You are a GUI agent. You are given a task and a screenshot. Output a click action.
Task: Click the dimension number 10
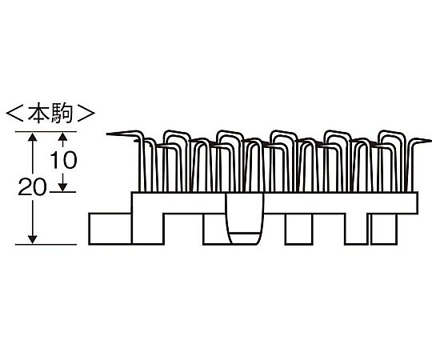(x=64, y=160)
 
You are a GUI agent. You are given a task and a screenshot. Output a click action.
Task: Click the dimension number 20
(x=33, y=187)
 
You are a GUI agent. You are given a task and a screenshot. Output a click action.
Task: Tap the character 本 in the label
(x=38, y=113)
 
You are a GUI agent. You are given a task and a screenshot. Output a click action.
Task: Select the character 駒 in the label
(x=62, y=113)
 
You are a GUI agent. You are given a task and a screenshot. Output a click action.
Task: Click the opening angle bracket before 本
(x=14, y=113)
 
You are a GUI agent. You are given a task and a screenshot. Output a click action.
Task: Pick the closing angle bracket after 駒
(x=86, y=113)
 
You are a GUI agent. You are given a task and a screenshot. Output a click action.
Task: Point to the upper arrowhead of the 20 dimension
(x=33, y=137)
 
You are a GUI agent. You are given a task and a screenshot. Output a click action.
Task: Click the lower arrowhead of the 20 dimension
(x=33, y=240)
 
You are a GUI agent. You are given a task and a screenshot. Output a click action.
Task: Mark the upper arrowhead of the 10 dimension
(x=63, y=137)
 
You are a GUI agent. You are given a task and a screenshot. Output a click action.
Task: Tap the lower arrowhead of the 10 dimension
(x=63, y=187)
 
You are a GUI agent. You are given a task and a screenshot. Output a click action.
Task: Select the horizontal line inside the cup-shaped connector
(x=244, y=233)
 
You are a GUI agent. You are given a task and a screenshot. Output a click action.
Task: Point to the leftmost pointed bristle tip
(x=107, y=134)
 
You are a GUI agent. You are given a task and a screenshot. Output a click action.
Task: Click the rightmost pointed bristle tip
(x=430, y=141)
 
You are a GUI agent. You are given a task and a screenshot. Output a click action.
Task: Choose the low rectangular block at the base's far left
(x=110, y=229)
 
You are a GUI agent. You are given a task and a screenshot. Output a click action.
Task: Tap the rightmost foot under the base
(x=384, y=229)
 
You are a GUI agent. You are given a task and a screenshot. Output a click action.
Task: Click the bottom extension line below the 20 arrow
(x=46, y=244)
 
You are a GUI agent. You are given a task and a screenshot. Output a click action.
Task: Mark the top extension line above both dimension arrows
(x=46, y=132)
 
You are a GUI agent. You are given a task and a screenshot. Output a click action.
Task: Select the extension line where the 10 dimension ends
(x=62, y=192)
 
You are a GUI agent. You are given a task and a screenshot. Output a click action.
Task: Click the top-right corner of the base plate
(x=418, y=192)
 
